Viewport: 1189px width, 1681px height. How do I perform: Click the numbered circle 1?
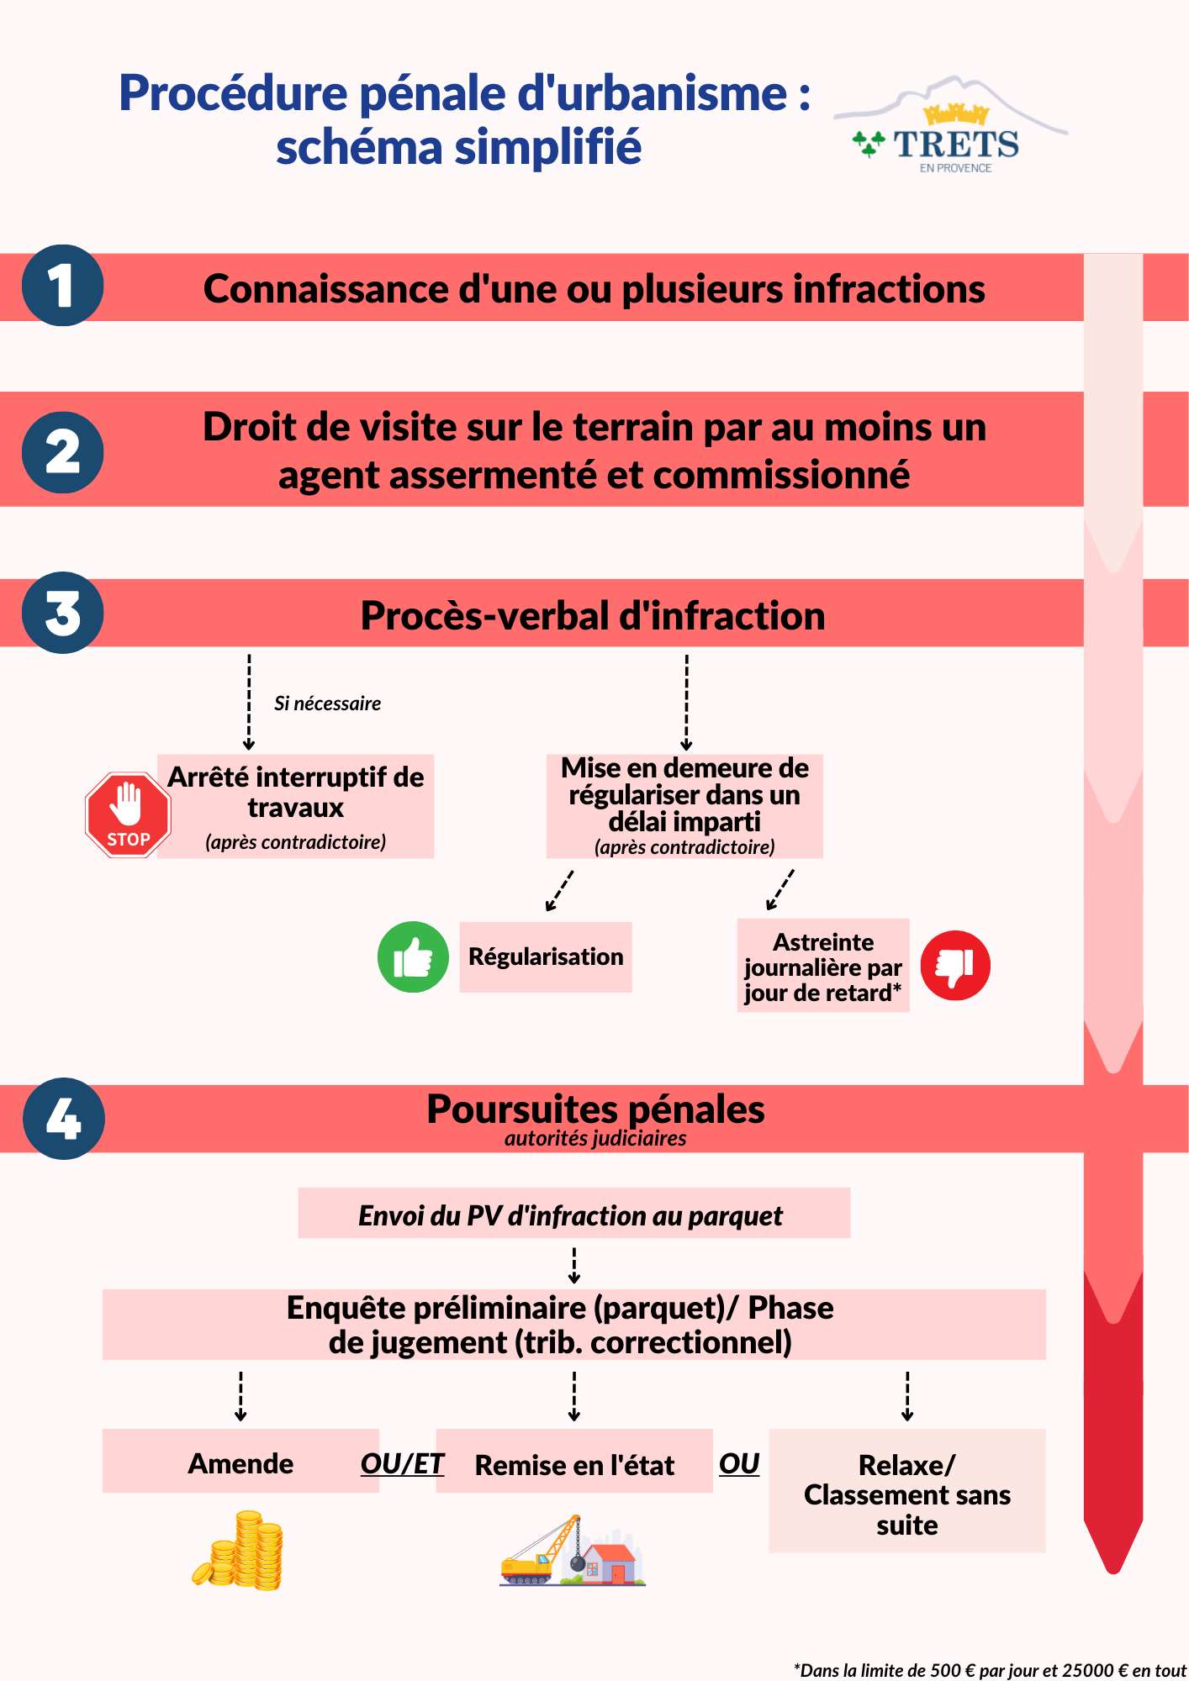coord(62,286)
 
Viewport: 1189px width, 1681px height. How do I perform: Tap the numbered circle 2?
coord(62,452)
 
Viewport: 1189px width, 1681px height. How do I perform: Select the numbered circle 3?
coord(62,613)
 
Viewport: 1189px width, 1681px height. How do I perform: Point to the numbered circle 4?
coord(64,1119)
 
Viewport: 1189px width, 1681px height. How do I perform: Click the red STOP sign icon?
coord(129,814)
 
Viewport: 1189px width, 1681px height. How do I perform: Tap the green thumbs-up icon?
coord(413,957)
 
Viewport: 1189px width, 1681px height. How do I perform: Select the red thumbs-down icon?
coord(955,966)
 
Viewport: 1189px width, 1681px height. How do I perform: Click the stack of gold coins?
coord(239,1550)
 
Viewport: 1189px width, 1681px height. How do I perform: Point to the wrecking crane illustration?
coord(572,1551)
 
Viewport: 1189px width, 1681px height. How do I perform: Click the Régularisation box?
coord(546,957)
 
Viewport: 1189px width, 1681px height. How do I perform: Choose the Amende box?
coord(240,1461)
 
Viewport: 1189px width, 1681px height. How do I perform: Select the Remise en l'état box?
coord(574,1461)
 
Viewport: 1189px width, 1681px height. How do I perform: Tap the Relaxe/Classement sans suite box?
coord(907,1491)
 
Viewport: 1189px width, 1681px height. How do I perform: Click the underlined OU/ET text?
coord(402,1464)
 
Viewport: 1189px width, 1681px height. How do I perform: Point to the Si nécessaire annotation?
coord(327,703)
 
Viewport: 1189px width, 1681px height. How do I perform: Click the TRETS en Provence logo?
coord(951,126)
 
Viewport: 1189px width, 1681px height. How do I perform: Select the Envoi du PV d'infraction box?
coord(574,1213)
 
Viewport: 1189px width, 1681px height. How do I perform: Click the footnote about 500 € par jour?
coord(990,1670)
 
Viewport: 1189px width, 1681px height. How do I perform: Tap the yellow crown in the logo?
coord(956,114)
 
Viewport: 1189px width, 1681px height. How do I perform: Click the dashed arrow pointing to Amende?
coord(240,1396)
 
